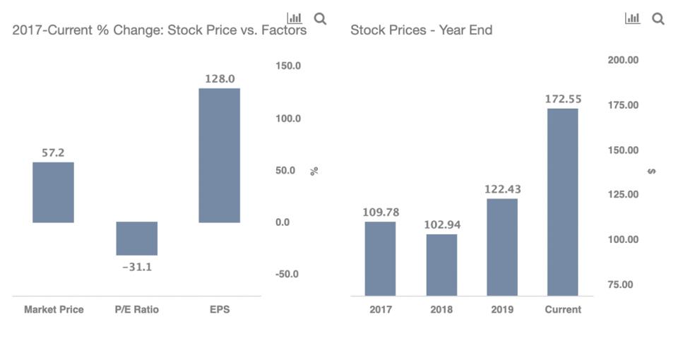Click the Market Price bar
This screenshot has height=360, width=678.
[x=53, y=192]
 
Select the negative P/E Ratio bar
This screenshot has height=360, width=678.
[x=136, y=239]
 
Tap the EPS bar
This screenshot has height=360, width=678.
[x=219, y=155]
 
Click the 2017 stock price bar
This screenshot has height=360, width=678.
[x=380, y=258]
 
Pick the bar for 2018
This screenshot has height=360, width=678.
[x=441, y=265]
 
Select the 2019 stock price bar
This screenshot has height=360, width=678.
[x=502, y=247]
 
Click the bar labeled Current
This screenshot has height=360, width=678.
[x=563, y=202]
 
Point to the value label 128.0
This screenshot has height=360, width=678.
[x=220, y=79]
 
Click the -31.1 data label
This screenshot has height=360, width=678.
[x=136, y=267]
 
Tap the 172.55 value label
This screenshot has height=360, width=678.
[x=563, y=99]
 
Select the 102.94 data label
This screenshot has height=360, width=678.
[x=441, y=224]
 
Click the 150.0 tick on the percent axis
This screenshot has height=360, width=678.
[x=288, y=66]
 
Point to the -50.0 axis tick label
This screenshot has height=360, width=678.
[x=287, y=274]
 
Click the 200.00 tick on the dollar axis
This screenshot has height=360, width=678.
[x=623, y=60]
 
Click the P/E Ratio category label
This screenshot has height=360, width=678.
[x=136, y=309]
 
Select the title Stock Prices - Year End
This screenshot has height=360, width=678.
[x=421, y=30]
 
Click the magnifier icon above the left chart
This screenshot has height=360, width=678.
[x=320, y=19]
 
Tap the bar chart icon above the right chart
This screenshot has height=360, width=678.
[x=632, y=19]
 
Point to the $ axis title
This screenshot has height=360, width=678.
[x=651, y=172]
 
